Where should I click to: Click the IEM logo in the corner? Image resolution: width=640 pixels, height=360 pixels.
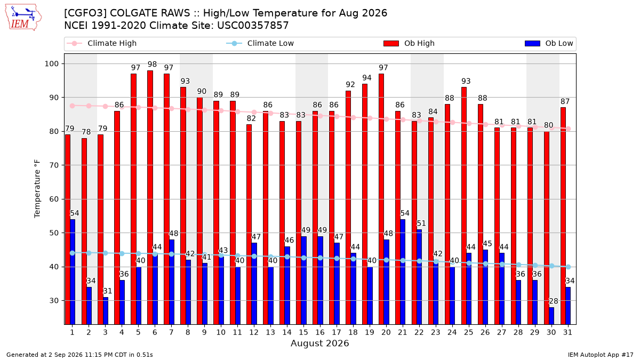point(23,18)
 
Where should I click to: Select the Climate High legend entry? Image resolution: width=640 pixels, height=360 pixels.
point(101,43)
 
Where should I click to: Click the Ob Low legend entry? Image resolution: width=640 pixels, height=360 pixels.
point(549,43)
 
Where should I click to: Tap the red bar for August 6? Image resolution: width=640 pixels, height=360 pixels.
point(150,197)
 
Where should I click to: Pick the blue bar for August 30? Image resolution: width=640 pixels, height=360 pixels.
point(551,316)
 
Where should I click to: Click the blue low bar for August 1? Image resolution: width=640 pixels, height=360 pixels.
point(73,271)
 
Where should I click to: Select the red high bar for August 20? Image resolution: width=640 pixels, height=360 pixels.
point(381,199)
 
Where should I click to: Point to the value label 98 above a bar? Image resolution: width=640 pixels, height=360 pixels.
point(153,65)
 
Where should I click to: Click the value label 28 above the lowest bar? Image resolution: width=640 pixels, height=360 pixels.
point(554,301)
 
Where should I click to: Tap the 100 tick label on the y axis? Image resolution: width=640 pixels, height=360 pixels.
point(51,63)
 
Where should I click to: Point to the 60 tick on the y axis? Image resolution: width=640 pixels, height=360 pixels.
point(54,199)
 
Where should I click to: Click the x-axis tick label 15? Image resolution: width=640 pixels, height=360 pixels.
point(303,332)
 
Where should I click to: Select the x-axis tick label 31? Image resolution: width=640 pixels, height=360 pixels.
point(567,332)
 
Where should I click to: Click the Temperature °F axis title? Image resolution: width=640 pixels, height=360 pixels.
point(37,189)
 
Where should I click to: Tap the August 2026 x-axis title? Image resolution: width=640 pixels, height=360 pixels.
point(319,343)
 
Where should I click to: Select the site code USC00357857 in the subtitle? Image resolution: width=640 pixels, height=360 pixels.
point(253,26)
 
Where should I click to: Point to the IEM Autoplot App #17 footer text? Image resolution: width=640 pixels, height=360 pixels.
point(601,355)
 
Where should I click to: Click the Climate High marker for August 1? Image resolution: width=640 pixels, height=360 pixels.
point(73,106)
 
